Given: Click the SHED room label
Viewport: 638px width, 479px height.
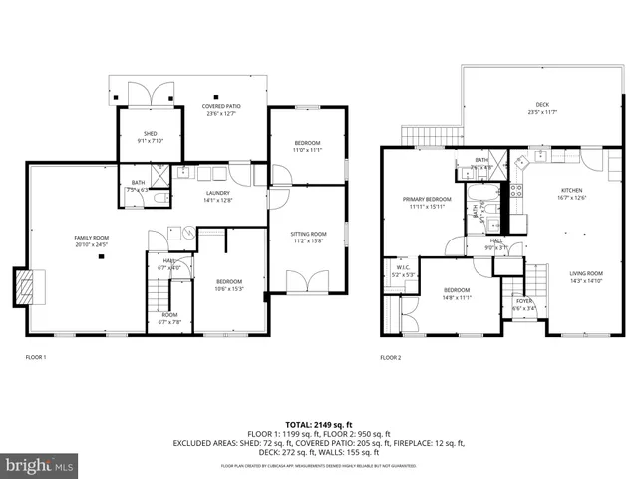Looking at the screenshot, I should (150, 136).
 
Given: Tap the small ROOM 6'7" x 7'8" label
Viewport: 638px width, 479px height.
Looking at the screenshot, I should (169, 319).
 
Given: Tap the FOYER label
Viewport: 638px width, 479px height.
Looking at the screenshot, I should (523, 305).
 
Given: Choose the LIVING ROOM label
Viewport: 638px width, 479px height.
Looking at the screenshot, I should (586, 276).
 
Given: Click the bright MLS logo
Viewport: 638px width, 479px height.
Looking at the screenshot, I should (38, 466).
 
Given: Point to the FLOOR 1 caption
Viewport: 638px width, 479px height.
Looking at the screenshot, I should (36, 357).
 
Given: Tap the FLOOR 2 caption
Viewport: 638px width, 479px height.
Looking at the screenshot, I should (390, 357).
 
